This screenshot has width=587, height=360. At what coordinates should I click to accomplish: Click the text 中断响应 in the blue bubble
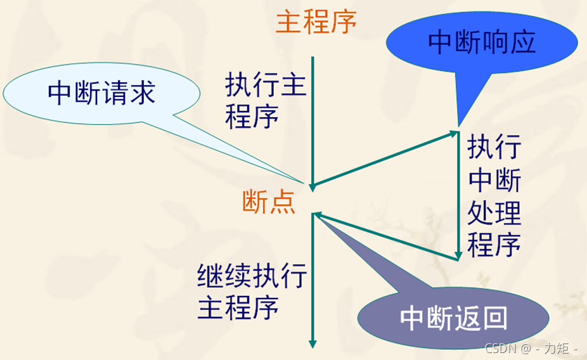[482, 42]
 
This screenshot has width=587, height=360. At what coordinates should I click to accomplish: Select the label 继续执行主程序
[252, 292]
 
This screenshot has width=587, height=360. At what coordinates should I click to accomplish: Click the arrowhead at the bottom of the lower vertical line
[312, 344]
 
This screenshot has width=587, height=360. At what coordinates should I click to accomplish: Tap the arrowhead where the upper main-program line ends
[312, 186]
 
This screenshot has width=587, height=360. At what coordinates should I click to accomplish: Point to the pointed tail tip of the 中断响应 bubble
[458, 125]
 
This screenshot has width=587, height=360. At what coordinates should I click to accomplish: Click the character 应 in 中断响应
[523, 42]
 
